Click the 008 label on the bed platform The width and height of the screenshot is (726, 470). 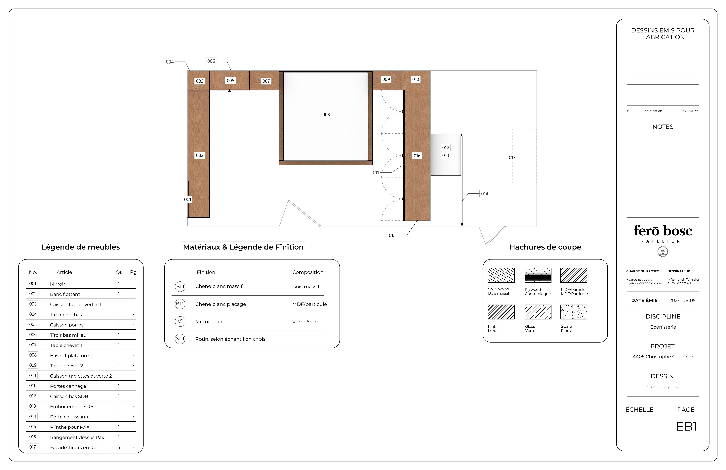[326, 115]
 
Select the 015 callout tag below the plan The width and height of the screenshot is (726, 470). [392, 235]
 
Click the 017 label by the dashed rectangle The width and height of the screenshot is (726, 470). [512, 158]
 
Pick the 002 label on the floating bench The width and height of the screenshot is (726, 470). [199, 155]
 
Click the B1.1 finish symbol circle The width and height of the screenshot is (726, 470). [180, 287]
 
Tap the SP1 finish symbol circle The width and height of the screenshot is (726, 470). [180, 339]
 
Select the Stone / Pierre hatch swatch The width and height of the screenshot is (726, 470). [574, 312]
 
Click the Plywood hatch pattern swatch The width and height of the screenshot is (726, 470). [538, 275]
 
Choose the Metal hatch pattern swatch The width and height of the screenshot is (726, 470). [501, 312]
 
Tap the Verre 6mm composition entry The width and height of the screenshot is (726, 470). [306, 322]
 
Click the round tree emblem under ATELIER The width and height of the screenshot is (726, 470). [663, 252]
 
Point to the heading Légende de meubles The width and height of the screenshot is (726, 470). [81, 247]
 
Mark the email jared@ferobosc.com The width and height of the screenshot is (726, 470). [645, 283]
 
